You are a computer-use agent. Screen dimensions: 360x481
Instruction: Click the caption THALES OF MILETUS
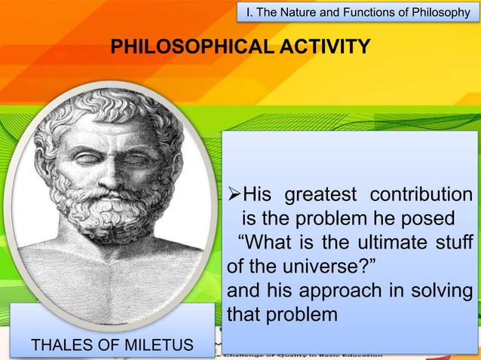pos(112,346)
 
